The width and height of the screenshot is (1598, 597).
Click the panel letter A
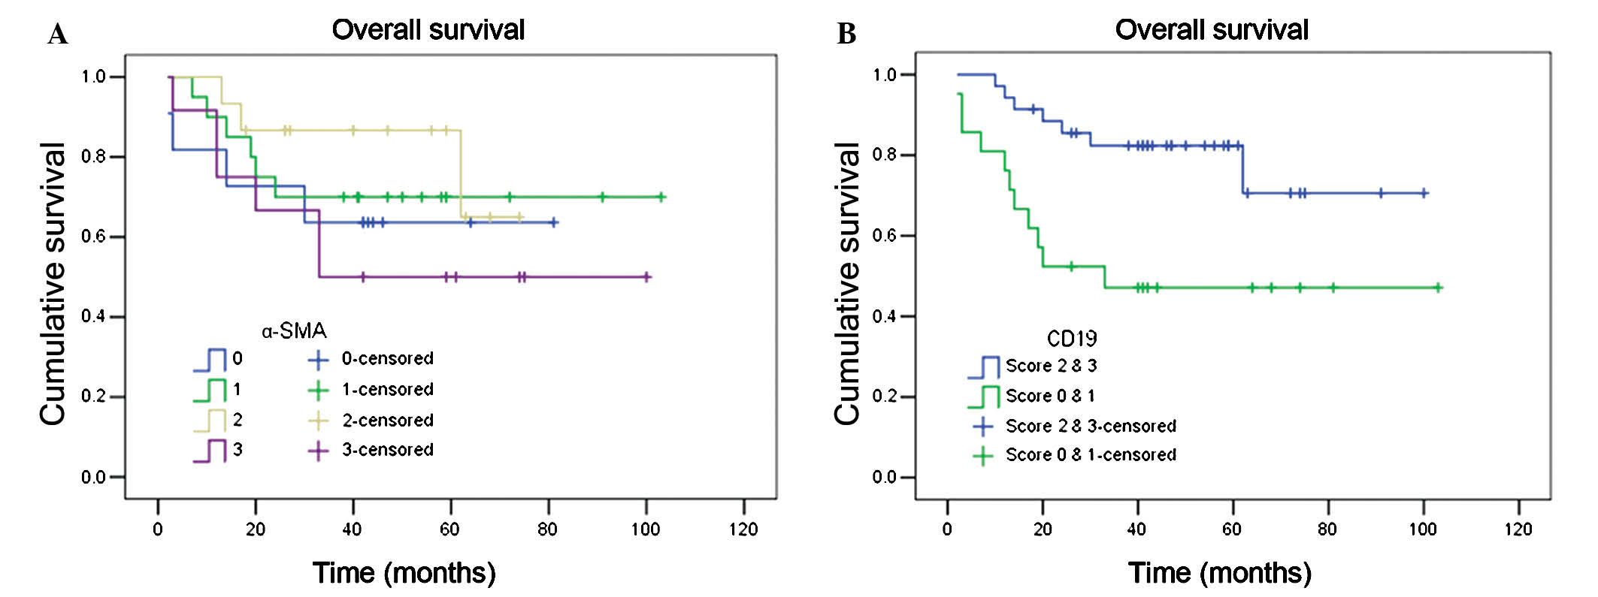click(x=57, y=35)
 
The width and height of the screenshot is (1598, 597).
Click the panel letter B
click(x=846, y=35)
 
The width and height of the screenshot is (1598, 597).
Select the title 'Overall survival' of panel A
click(x=428, y=30)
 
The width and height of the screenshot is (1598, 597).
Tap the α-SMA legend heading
click(x=294, y=330)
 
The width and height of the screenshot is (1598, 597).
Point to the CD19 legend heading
click(x=1072, y=339)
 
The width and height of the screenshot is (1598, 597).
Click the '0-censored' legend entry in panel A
click(x=387, y=359)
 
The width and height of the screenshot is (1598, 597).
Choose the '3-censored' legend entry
click(x=387, y=450)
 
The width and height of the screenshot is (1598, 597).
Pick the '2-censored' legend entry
click(x=387, y=420)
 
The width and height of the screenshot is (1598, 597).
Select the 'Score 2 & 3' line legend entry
click(x=1051, y=366)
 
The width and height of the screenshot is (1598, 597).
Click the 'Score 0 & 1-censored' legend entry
click(x=1091, y=455)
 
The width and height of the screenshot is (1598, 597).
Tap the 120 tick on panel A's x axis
click(x=743, y=529)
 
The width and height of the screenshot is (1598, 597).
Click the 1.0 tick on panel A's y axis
click(x=93, y=77)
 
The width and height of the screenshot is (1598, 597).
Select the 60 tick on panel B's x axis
click(x=1232, y=529)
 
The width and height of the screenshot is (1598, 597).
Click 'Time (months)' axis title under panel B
click(x=1219, y=573)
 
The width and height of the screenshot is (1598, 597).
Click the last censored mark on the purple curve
click(x=646, y=277)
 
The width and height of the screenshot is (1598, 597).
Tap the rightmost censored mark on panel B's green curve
click(x=1438, y=287)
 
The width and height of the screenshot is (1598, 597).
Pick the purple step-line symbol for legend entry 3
click(x=210, y=451)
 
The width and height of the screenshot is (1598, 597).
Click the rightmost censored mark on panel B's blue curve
click(x=1423, y=193)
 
